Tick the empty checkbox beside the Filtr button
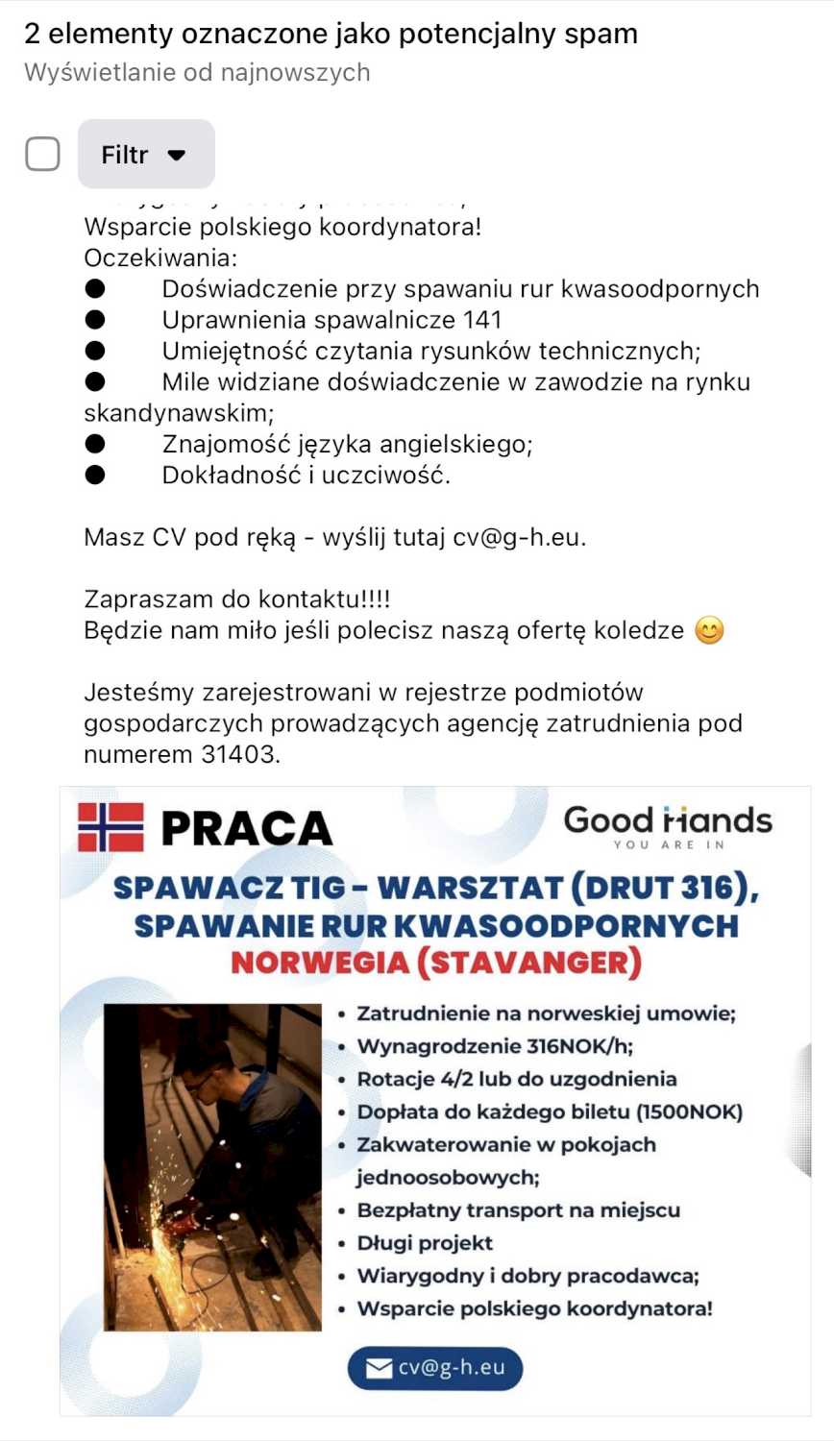click(x=42, y=154)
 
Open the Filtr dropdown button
click(x=146, y=154)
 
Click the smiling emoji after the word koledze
click(x=709, y=630)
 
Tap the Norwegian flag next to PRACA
click(x=110, y=827)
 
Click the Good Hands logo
click(x=668, y=825)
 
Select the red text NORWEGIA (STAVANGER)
click(x=435, y=963)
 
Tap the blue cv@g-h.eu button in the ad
click(x=435, y=1368)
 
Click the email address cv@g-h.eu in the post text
click(x=517, y=537)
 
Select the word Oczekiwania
click(x=159, y=257)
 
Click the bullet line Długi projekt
click(x=425, y=1243)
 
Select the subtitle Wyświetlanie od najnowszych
click(x=197, y=73)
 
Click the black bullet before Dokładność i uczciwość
click(x=95, y=475)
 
